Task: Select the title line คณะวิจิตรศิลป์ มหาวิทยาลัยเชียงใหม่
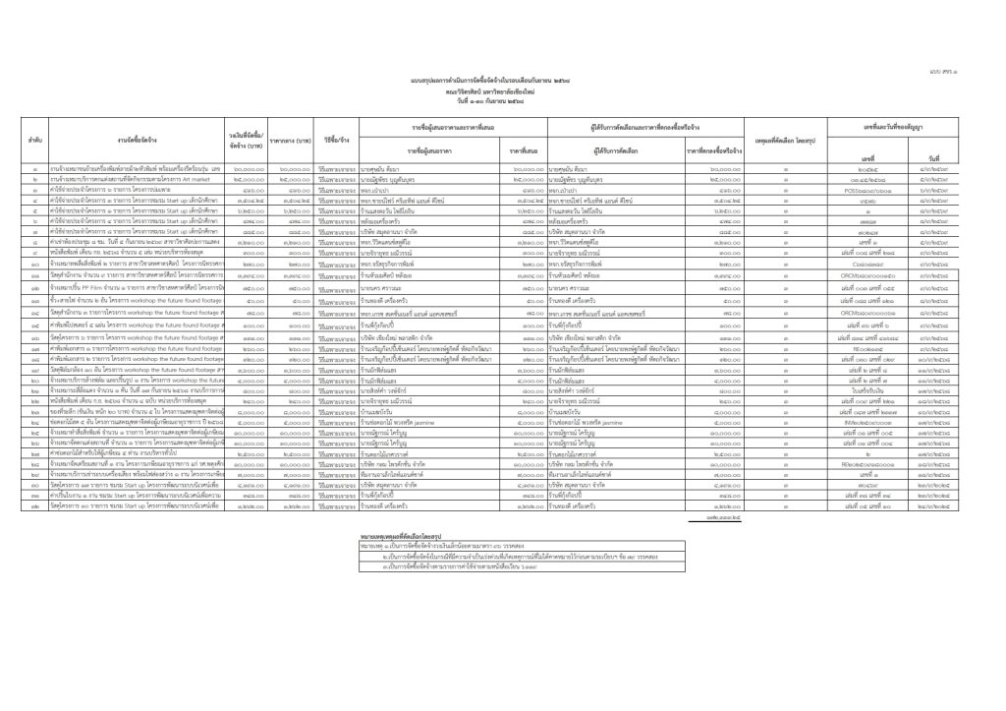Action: coord(503,97)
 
